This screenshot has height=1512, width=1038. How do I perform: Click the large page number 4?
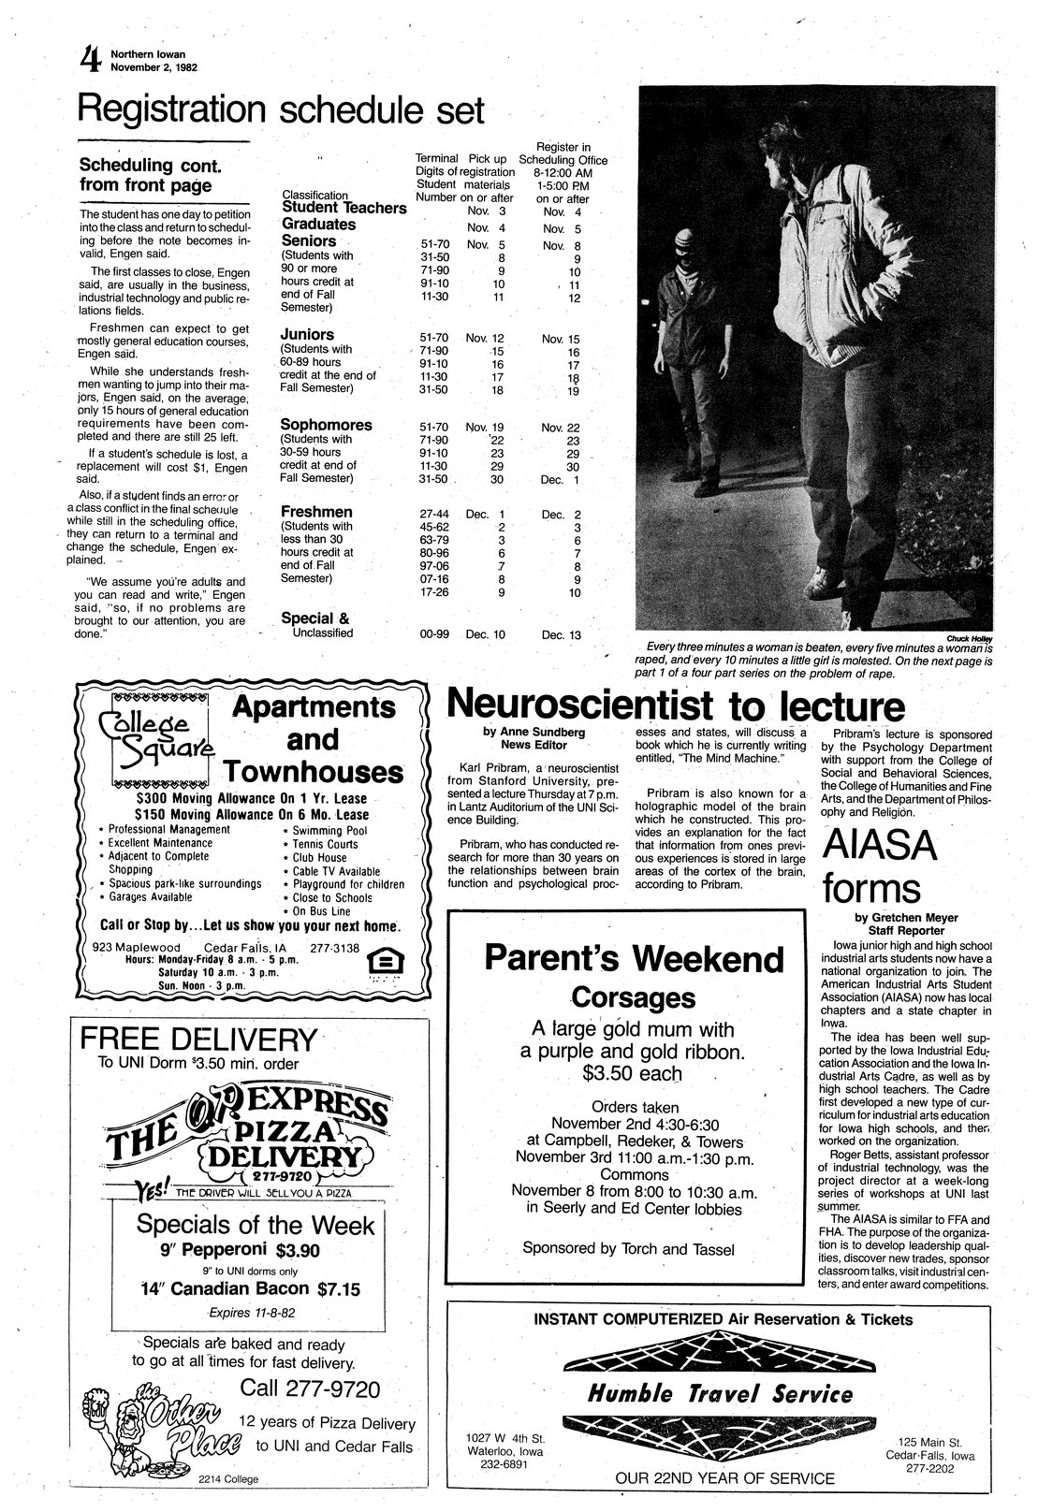(90, 61)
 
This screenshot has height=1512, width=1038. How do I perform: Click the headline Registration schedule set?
(281, 110)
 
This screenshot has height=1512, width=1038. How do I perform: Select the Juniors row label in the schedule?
(307, 334)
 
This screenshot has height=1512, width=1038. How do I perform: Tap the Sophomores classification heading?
(326, 425)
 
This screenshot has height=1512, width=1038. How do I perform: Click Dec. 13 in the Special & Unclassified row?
(561, 634)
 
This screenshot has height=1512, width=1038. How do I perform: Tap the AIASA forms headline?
(879, 865)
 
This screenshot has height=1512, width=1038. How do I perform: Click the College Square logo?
(154, 737)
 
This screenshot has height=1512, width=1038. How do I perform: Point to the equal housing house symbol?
(380, 961)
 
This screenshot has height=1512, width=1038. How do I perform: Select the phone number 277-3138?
(334, 947)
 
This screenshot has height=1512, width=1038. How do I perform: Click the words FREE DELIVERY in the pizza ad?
(198, 1039)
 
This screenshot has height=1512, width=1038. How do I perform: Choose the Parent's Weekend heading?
(634, 958)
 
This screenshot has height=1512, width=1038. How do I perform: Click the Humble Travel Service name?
(720, 1394)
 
